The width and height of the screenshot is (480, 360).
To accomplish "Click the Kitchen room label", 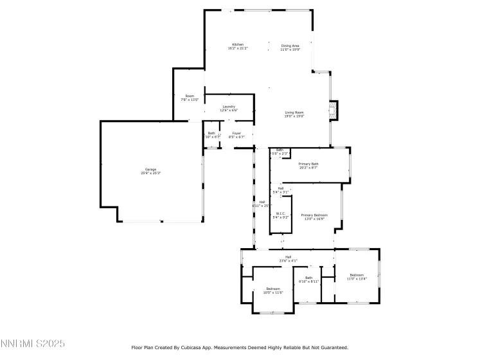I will (238, 44).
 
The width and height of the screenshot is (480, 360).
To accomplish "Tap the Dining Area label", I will (290, 46).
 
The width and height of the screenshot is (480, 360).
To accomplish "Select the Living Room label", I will (294, 113).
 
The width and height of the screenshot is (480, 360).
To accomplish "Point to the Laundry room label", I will (229, 106).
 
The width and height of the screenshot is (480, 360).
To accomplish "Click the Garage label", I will (150, 169).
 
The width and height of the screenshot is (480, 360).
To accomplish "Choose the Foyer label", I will (236, 133).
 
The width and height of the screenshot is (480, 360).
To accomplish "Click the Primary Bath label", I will (308, 164).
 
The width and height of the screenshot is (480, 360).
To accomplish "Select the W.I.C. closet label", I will (281, 213).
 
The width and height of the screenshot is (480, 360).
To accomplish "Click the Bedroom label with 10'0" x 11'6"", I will (273, 289).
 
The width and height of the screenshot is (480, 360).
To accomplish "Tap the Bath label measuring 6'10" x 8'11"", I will (308, 278).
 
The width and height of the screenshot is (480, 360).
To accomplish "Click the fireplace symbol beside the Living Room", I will (333, 109).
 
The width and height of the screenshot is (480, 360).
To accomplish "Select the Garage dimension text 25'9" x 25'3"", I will (150, 173).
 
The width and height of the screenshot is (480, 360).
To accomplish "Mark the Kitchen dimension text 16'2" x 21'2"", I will (238, 48).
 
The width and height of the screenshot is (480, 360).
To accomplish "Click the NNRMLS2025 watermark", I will (33, 345).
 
